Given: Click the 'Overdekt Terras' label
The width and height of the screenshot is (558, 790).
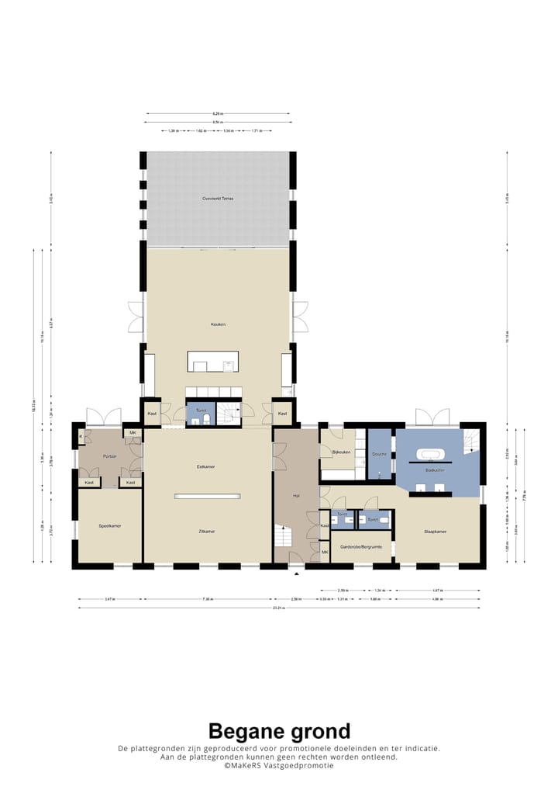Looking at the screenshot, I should (x=218, y=199).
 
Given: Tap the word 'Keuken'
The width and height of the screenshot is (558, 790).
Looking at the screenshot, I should (x=218, y=324).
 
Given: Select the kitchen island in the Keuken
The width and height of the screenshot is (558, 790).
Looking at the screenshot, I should (x=212, y=362).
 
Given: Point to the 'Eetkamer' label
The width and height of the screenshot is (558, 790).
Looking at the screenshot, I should (x=206, y=466).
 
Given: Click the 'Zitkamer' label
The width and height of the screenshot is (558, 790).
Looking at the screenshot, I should (x=206, y=532).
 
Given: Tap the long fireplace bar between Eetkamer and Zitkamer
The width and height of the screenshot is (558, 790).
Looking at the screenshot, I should (x=207, y=496).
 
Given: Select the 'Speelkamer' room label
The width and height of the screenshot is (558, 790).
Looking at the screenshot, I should (x=110, y=526).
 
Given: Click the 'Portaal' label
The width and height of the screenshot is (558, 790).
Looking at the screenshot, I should (x=109, y=456).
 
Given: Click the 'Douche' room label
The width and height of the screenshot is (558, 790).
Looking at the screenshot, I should (x=379, y=454).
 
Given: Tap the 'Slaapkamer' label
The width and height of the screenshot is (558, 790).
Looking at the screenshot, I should (x=435, y=532).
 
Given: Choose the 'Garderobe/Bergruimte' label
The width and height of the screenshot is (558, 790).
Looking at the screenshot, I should (x=361, y=546).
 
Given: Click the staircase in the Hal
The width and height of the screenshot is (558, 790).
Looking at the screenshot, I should (x=284, y=536).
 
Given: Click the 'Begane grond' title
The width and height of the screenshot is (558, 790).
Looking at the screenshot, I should (x=279, y=731).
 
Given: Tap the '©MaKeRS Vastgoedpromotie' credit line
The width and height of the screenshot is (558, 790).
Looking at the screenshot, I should (x=279, y=765).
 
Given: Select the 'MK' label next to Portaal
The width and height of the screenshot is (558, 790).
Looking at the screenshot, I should (x=133, y=432).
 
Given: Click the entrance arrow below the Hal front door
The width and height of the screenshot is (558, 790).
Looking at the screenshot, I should (x=296, y=573).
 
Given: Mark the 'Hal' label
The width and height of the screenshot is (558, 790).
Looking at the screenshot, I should (x=295, y=495).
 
